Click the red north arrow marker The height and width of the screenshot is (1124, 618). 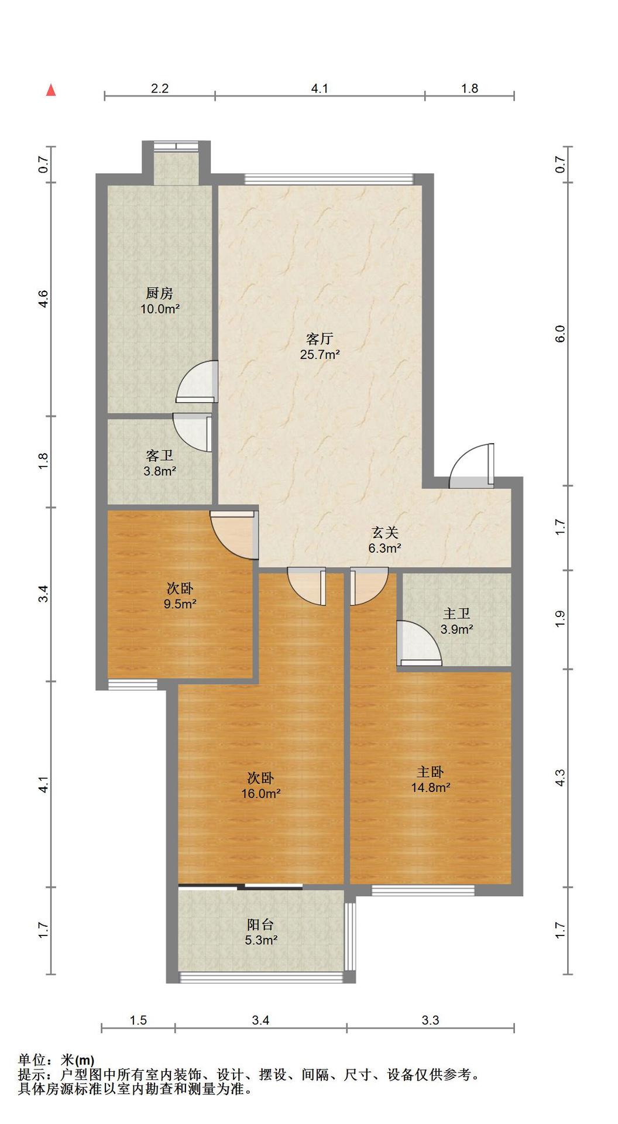click(51, 90)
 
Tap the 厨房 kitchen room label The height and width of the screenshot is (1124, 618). click(159, 293)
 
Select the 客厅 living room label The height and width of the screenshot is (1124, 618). click(320, 338)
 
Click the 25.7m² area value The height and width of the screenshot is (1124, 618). click(320, 354)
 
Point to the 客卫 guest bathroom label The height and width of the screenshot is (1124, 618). click(159, 455)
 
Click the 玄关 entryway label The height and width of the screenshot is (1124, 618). click(384, 533)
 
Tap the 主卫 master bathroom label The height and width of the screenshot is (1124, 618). click(456, 614)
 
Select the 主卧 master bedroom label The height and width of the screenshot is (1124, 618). click(430, 772)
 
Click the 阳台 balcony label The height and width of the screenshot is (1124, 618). click(260, 924)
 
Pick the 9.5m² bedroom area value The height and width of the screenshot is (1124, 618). click(180, 604)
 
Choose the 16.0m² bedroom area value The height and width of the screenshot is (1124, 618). click(260, 794)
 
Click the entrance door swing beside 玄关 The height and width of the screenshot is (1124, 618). click(472, 466)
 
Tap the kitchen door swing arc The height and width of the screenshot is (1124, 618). click(197, 381)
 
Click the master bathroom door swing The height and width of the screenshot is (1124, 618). click(419, 643)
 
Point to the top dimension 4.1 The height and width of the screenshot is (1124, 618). click(320, 88)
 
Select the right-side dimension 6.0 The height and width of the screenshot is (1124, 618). click(560, 334)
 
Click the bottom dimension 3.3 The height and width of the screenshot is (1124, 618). click(430, 1020)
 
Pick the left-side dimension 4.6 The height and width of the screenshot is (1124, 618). click(43, 299)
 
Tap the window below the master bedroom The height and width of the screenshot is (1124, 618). click(423, 890)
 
